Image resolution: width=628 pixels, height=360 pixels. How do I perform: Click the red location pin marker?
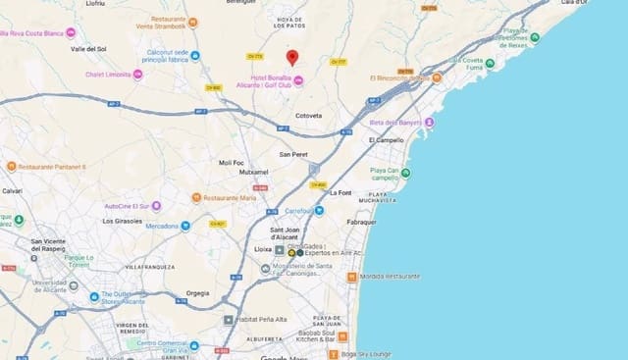click(292, 57)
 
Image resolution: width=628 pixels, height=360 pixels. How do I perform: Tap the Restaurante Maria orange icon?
click(195, 198)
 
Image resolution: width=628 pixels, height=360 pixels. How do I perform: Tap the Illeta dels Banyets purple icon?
click(429, 123)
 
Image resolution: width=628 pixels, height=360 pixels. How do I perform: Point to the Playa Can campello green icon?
click(406, 175)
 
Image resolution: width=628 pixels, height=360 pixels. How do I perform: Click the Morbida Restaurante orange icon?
click(352, 277)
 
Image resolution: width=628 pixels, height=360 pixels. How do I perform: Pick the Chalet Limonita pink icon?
click(138, 75)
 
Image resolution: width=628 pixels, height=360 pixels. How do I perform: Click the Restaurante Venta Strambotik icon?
click(192, 22)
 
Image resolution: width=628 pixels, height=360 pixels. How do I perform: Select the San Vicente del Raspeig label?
click(61, 244)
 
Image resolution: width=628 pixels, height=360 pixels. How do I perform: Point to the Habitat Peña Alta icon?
click(229, 319)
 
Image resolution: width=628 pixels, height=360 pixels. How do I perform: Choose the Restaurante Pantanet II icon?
click(11, 167)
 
